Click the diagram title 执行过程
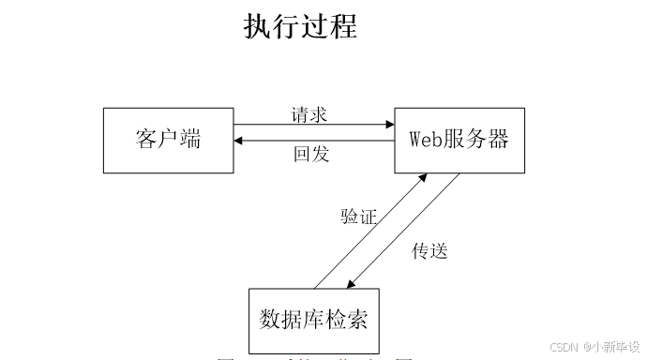coord(300,26)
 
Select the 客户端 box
coord(168,141)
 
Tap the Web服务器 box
coord(459,141)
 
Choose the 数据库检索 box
coord(313,319)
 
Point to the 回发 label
coord(311,154)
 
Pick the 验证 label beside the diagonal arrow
coord(358,217)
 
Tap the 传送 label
coord(430,250)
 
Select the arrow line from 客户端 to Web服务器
coord(309,125)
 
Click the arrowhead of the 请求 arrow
coord(388,125)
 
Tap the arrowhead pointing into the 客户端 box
coord(240,141)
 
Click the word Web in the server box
coord(424,141)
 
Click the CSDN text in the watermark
coord(562,346)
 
